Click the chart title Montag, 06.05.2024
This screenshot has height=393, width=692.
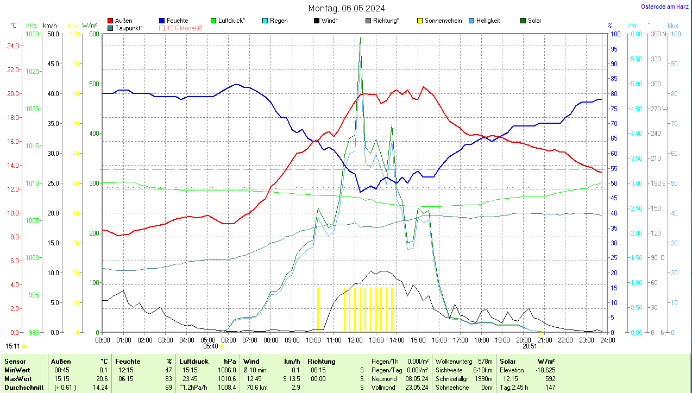tap(347, 8)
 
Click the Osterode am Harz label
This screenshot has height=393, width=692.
tap(665, 7)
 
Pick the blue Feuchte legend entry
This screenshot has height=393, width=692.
tap(173, 21)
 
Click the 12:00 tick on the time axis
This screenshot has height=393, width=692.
tap(355, 340)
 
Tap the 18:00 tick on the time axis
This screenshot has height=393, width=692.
tap(481, 340)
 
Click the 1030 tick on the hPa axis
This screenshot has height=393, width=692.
tap(33, 34)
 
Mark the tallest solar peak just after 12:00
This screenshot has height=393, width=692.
tap(360, 39)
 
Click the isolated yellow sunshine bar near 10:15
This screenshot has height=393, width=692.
tap(318, 309)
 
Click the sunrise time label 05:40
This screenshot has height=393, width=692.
tap(210, 346)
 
